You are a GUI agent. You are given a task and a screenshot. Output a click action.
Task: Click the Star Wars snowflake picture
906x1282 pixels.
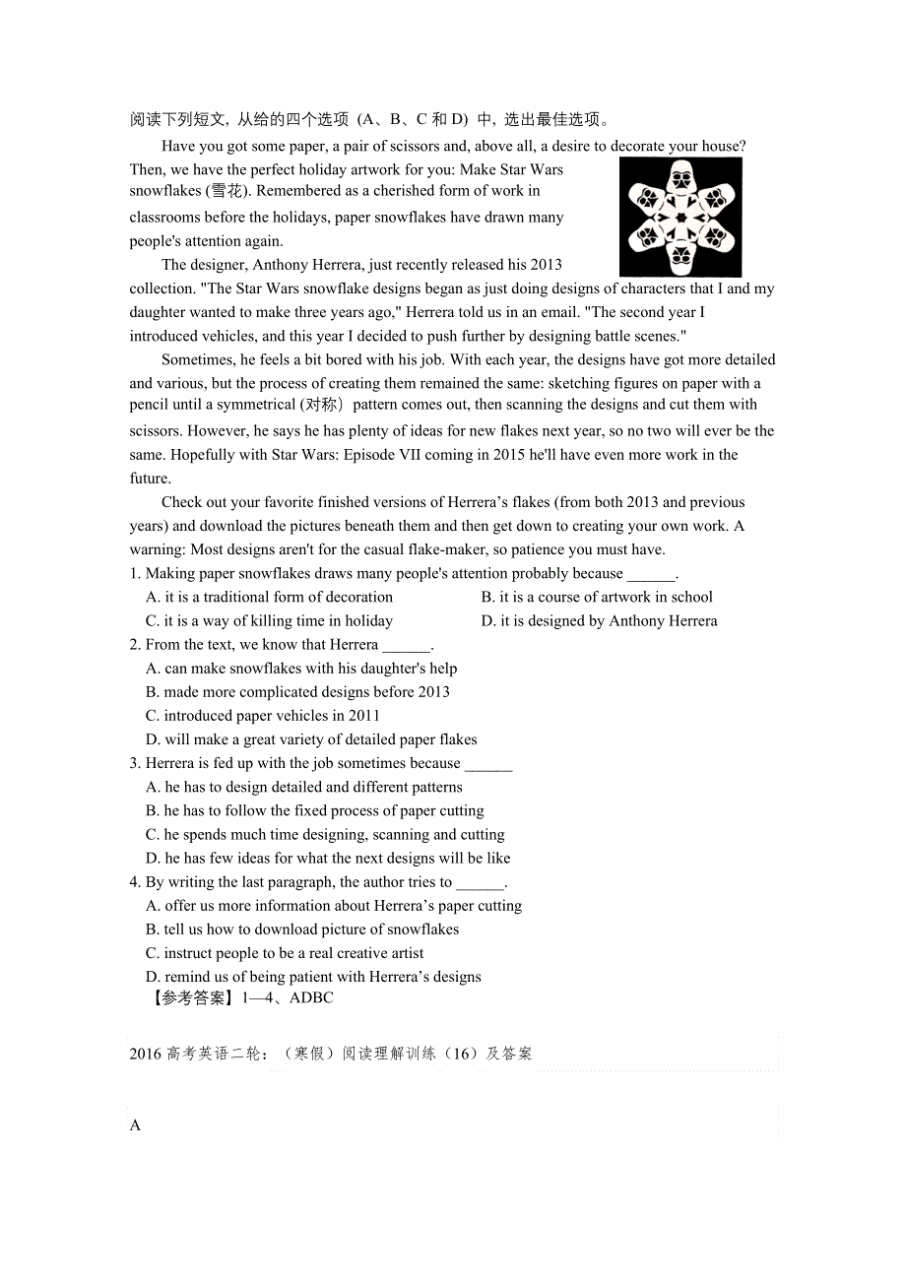click(680, 218)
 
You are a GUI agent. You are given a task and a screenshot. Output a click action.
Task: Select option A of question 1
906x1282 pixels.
click(269, 597)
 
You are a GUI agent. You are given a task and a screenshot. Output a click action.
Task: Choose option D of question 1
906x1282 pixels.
click(599, 620)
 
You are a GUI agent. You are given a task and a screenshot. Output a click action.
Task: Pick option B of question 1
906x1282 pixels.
click(597, 597)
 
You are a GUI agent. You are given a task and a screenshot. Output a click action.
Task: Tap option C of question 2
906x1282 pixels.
click(262, 716)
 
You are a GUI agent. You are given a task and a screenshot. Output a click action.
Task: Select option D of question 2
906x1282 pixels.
click(311, 739)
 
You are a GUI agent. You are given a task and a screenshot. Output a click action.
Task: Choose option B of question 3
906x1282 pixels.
click(314, 810)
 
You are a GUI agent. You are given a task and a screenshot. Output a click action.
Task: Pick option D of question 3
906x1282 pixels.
click(328, 858)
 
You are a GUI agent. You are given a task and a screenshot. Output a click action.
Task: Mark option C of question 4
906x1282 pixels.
click(285, 953)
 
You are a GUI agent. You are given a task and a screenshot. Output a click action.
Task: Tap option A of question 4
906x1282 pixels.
click(334, 906)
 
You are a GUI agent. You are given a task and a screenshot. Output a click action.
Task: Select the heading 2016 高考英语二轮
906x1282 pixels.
click(197, 1054)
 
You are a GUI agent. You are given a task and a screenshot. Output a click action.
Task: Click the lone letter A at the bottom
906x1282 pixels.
click(136, 1125)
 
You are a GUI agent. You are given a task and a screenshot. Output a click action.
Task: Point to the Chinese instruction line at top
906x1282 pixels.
click(370, 120)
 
